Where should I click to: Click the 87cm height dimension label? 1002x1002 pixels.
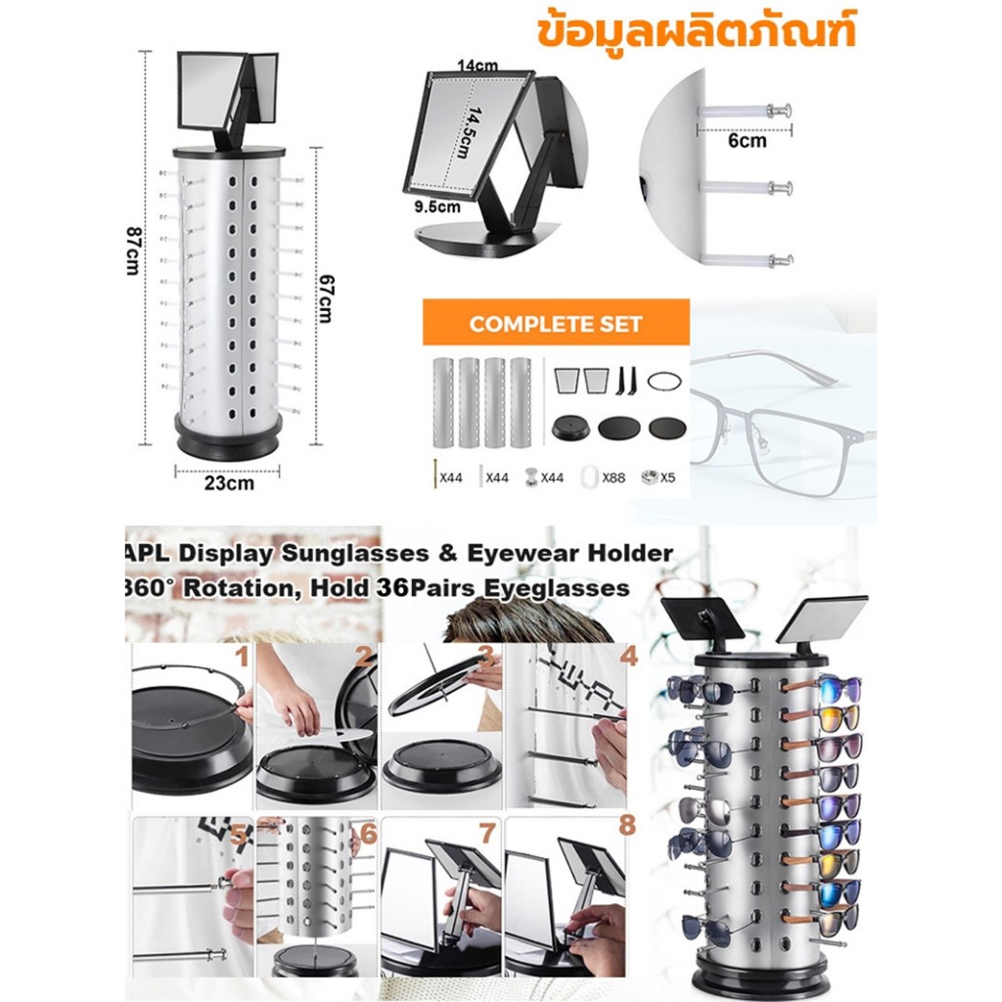[x=133, y=251]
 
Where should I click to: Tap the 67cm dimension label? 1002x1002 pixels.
[x=325, y=298]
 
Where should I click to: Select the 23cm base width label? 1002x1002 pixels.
[x=229, y=483]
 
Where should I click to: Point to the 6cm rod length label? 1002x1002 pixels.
[x=747, y=141]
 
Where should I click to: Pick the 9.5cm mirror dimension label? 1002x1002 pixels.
[x=437, y=207]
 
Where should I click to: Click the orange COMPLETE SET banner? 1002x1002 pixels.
[x=556, y=323]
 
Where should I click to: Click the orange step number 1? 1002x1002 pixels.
[x=242, y=657]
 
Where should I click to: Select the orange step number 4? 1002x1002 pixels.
[x=629, y=656]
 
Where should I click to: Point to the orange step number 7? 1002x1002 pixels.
[x=487, y=834]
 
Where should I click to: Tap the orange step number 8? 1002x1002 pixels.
[x=627, y=825]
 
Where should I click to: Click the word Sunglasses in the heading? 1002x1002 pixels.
[x=355, y=554]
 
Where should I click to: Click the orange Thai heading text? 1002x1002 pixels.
[x=697, y=29]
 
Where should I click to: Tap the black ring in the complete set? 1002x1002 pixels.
[x=664, y=382]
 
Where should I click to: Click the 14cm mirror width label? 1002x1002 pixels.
[x=478, y=66]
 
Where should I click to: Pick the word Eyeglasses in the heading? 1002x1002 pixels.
[x=556, y=588]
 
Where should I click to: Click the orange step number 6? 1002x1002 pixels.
[x=369, y=834]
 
